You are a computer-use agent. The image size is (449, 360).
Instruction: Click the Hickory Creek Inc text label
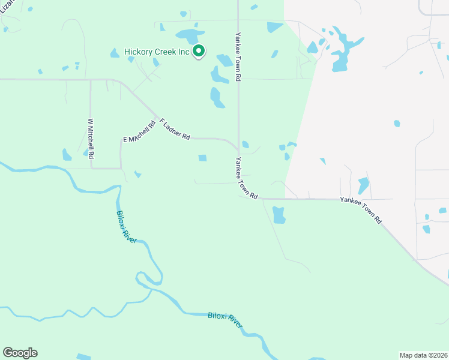pos(156,52)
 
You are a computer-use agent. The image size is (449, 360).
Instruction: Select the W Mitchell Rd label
pos(91,138)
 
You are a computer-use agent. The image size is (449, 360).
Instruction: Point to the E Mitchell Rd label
pos(140,131)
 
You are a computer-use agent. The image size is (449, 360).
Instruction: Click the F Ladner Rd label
pos(175,128)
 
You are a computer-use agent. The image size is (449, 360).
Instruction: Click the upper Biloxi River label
pos(126,226)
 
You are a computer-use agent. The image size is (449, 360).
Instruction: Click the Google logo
pos(20,353)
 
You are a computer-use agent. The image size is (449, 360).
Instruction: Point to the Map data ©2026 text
pos(423,355)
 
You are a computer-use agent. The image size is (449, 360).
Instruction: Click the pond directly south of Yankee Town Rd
pos(279,215)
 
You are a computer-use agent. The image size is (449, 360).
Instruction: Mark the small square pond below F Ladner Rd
pos(202,158)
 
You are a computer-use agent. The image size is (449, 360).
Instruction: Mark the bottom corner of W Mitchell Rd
pos(91,168)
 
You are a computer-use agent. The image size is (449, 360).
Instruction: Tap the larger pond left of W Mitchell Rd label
pos(67,155)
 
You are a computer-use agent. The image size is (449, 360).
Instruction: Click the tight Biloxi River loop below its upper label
pos(150,277)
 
